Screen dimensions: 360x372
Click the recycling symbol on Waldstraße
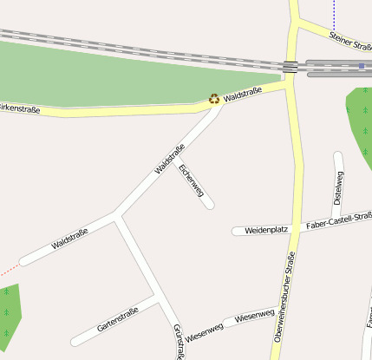click(x=214, y=99)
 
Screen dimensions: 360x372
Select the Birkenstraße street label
click(x=19, y=108)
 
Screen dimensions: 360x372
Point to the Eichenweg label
click(x=191, y=181)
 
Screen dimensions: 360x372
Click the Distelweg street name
click(x=339, y=188)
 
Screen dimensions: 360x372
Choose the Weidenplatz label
click(x=266, y=230)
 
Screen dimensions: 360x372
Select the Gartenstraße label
click(x=118, y=320)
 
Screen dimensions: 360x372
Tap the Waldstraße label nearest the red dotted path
click(x=69, y=239)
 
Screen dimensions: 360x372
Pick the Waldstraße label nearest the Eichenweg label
click(x=170, y=158)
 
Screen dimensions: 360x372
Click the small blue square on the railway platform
click(x=362, y=66)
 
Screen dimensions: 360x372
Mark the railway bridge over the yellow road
click(x=290, y=66)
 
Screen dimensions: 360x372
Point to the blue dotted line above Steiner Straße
click(x=334, y=13)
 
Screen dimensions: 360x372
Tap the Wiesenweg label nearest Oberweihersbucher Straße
click(x=255, y=315)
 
